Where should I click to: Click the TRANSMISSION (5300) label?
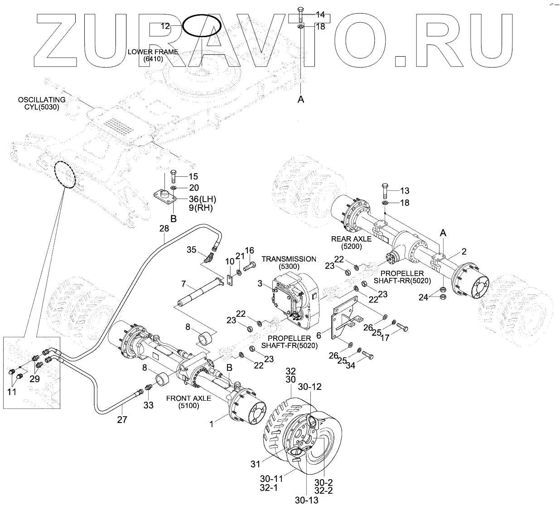(x=289, y=262)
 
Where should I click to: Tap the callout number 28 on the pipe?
(x=164, y=229)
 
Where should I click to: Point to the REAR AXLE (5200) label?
(x=351, y=242)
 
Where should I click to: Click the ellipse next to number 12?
(x=202, y=26)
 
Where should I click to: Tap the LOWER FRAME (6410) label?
(x=153, y=55)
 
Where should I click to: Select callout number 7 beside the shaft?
(x=183, y=284)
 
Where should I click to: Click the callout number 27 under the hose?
(x=122, y=420)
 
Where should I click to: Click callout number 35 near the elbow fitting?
(x=192, y=249)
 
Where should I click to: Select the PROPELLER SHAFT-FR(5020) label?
(x=290, y=342)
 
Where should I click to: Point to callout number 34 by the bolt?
(x=350, y=365)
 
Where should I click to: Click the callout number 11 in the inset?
(x=12, y=392)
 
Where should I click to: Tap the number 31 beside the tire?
(x=256, y=463)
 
